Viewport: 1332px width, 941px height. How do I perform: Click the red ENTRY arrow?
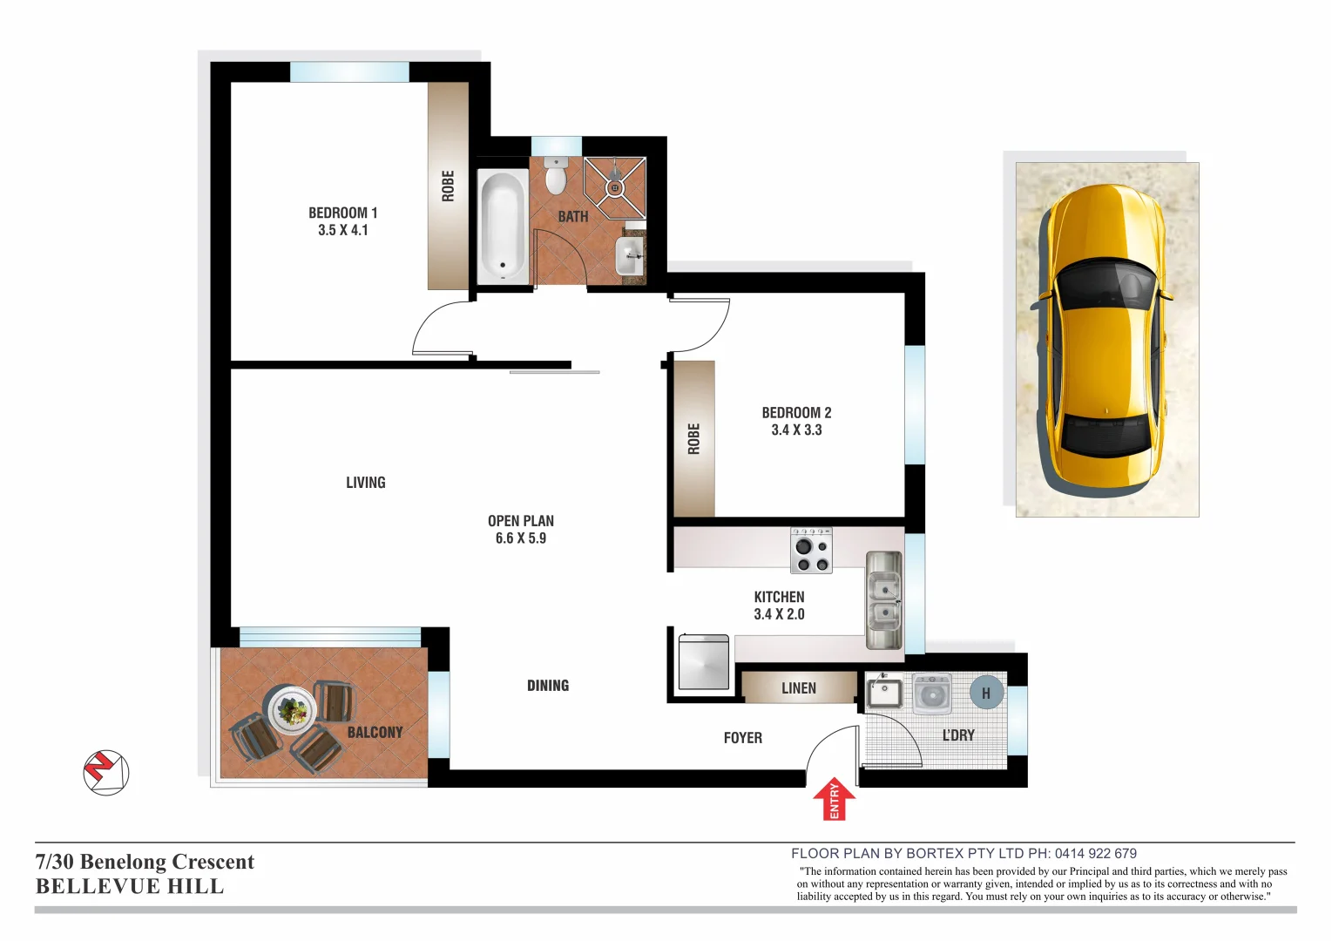[x=834, y=799]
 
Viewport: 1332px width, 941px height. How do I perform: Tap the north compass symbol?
[x=106, y=772]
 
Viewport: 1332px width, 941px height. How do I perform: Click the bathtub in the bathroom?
[x=503, y=224]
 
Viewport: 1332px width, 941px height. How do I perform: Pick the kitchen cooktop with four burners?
[x=811, y=551]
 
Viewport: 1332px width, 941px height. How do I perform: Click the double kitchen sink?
[x=883, y=600]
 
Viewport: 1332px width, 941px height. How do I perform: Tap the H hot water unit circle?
[x=986, y=694]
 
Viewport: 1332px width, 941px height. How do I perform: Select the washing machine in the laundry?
[x=932, y=694]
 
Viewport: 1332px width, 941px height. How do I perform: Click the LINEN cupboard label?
[x=799, y=688]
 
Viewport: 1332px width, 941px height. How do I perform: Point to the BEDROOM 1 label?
[x=342, y=213]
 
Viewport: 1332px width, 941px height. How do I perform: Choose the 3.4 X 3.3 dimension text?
[x=796, y=430]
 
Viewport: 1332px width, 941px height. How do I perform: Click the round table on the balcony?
[x=291, y=710]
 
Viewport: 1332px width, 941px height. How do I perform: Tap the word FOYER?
[x=742, y=738]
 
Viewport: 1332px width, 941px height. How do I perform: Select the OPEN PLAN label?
[x=521, y=521]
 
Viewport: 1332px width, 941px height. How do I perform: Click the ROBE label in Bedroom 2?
[x=693, y=439]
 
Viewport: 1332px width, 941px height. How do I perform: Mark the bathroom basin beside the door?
[x=630, y=256]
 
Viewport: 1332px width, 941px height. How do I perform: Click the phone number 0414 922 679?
[x=1095, y=854]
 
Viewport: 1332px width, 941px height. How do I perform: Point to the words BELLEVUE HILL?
[x=130, y=886]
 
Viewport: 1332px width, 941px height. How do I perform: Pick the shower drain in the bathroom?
[x=615, y=187]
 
